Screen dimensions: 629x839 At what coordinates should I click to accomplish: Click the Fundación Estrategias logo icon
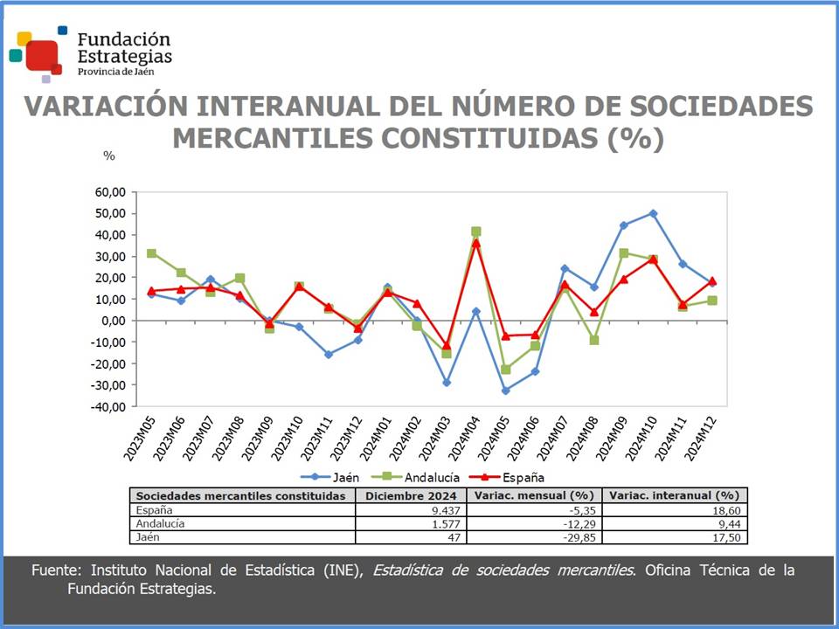(37, 53)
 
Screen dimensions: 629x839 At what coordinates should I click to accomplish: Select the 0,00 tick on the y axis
(114, 321)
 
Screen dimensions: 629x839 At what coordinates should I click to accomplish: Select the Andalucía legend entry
(423, 477)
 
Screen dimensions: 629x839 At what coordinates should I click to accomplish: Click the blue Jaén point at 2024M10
(654, 213)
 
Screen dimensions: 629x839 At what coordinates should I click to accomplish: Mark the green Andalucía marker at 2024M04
(476, 232)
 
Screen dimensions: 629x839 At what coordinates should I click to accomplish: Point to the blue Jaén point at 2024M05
(505, 391)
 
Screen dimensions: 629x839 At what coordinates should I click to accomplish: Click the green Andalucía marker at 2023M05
(152, 253)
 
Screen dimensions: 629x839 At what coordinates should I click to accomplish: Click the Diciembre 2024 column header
(411, 495)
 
